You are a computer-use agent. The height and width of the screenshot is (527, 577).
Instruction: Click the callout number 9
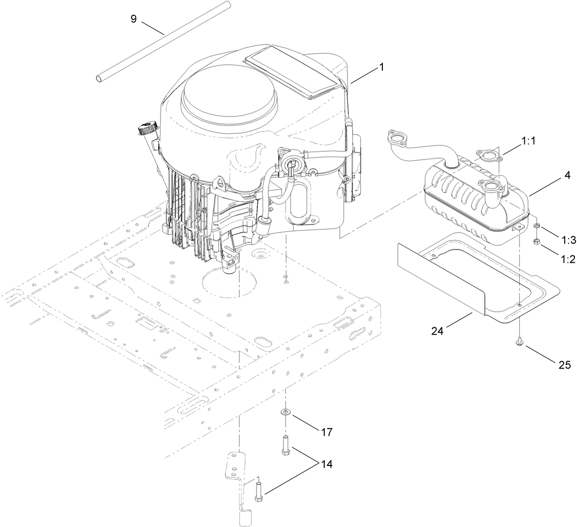(x=133, y=19)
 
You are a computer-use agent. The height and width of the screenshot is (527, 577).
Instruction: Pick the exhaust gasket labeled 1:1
(x=488, y=156)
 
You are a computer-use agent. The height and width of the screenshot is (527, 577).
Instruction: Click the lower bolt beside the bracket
(x=258, y=493)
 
